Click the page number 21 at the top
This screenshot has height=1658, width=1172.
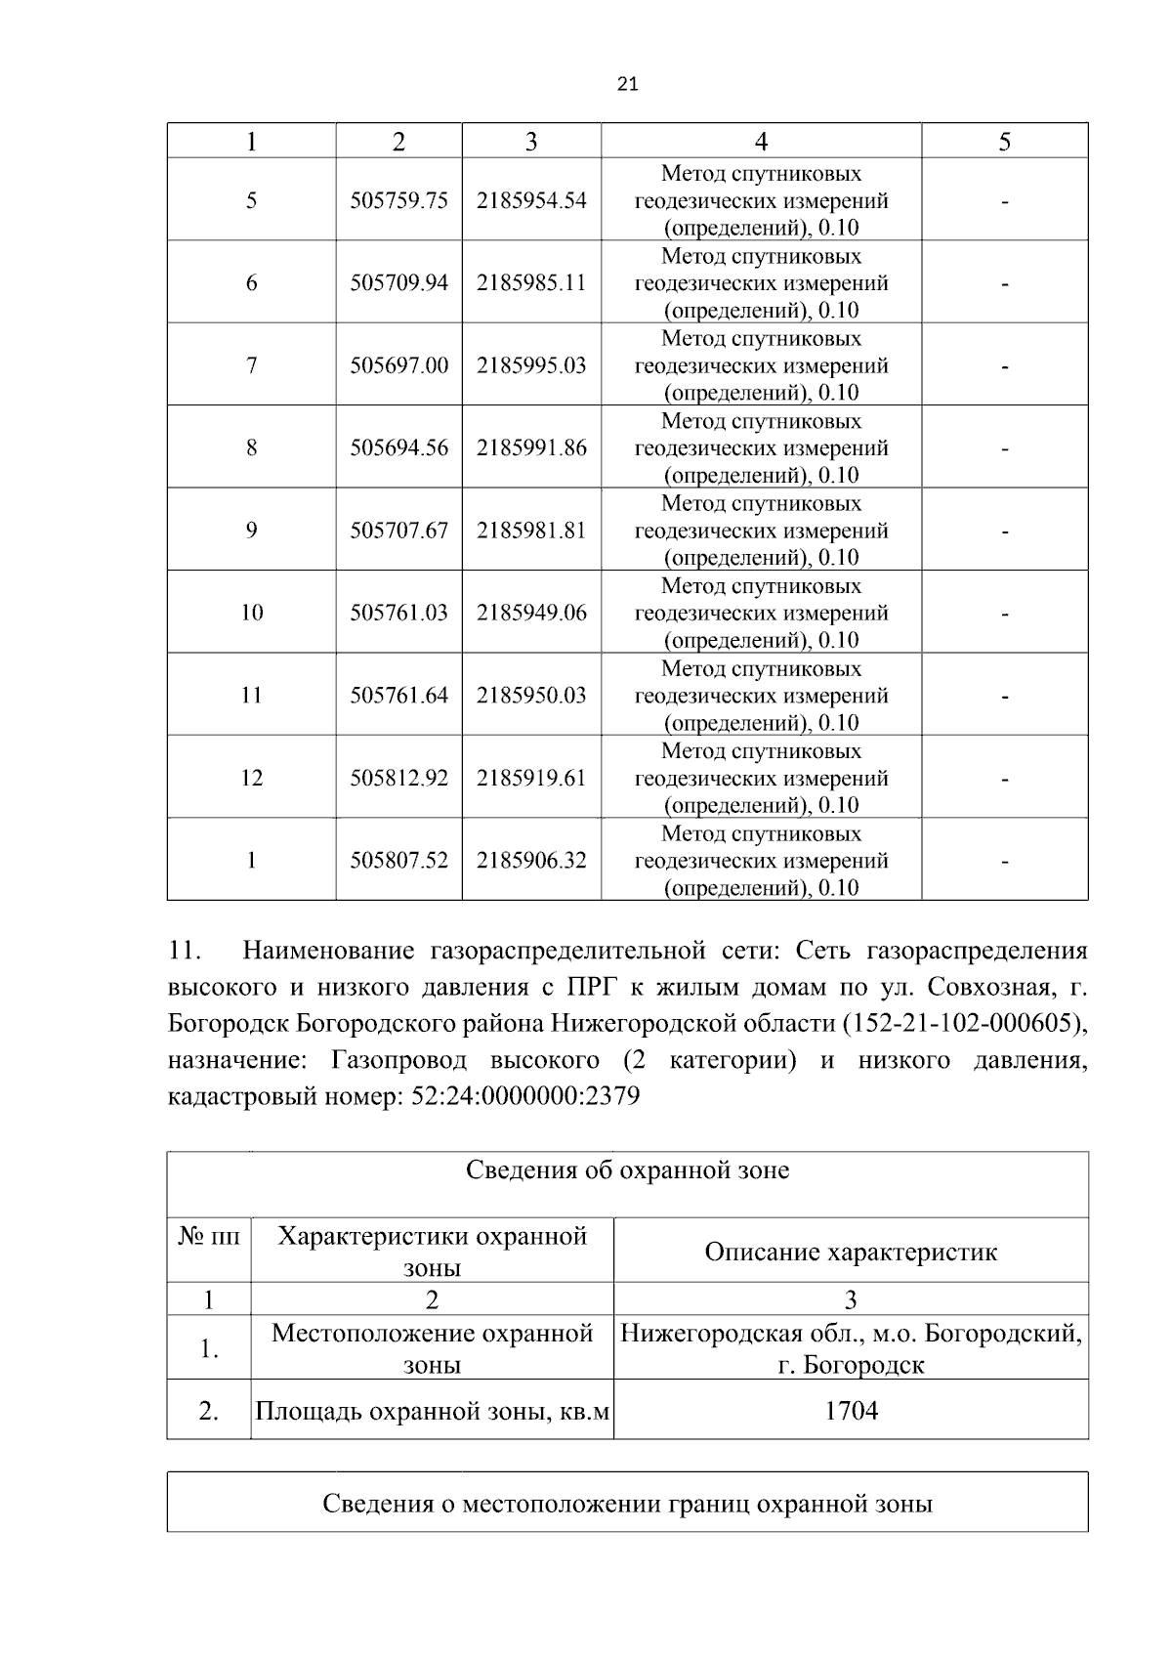pos(628,84)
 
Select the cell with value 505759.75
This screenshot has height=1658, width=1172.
pos(398,200)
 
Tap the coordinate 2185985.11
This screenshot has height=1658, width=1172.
pos(531,283)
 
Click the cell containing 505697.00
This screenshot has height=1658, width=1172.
pos(398,365)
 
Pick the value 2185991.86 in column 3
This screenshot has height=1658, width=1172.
pos(531,448)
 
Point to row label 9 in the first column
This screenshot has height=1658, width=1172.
pos(251,531)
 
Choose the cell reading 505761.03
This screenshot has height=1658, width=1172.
pos(398,613)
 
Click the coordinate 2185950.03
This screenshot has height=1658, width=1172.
pos(531,696)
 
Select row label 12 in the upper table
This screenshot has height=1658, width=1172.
pos(251,778)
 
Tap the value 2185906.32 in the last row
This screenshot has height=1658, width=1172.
pos(531,861)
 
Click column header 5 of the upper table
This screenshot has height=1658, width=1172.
pos(1004,142)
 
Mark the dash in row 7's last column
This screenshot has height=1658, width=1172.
pos(1004,366)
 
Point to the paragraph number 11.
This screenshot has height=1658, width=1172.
pos(184,951)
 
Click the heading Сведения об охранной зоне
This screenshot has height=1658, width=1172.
pos(627,1170)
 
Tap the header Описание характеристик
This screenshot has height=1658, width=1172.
pos(851,1253)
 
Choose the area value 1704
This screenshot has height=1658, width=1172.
pos(851,1411)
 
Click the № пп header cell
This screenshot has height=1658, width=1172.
pos(209,1237)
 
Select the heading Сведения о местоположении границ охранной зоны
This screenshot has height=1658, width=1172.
pos(627,1504)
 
